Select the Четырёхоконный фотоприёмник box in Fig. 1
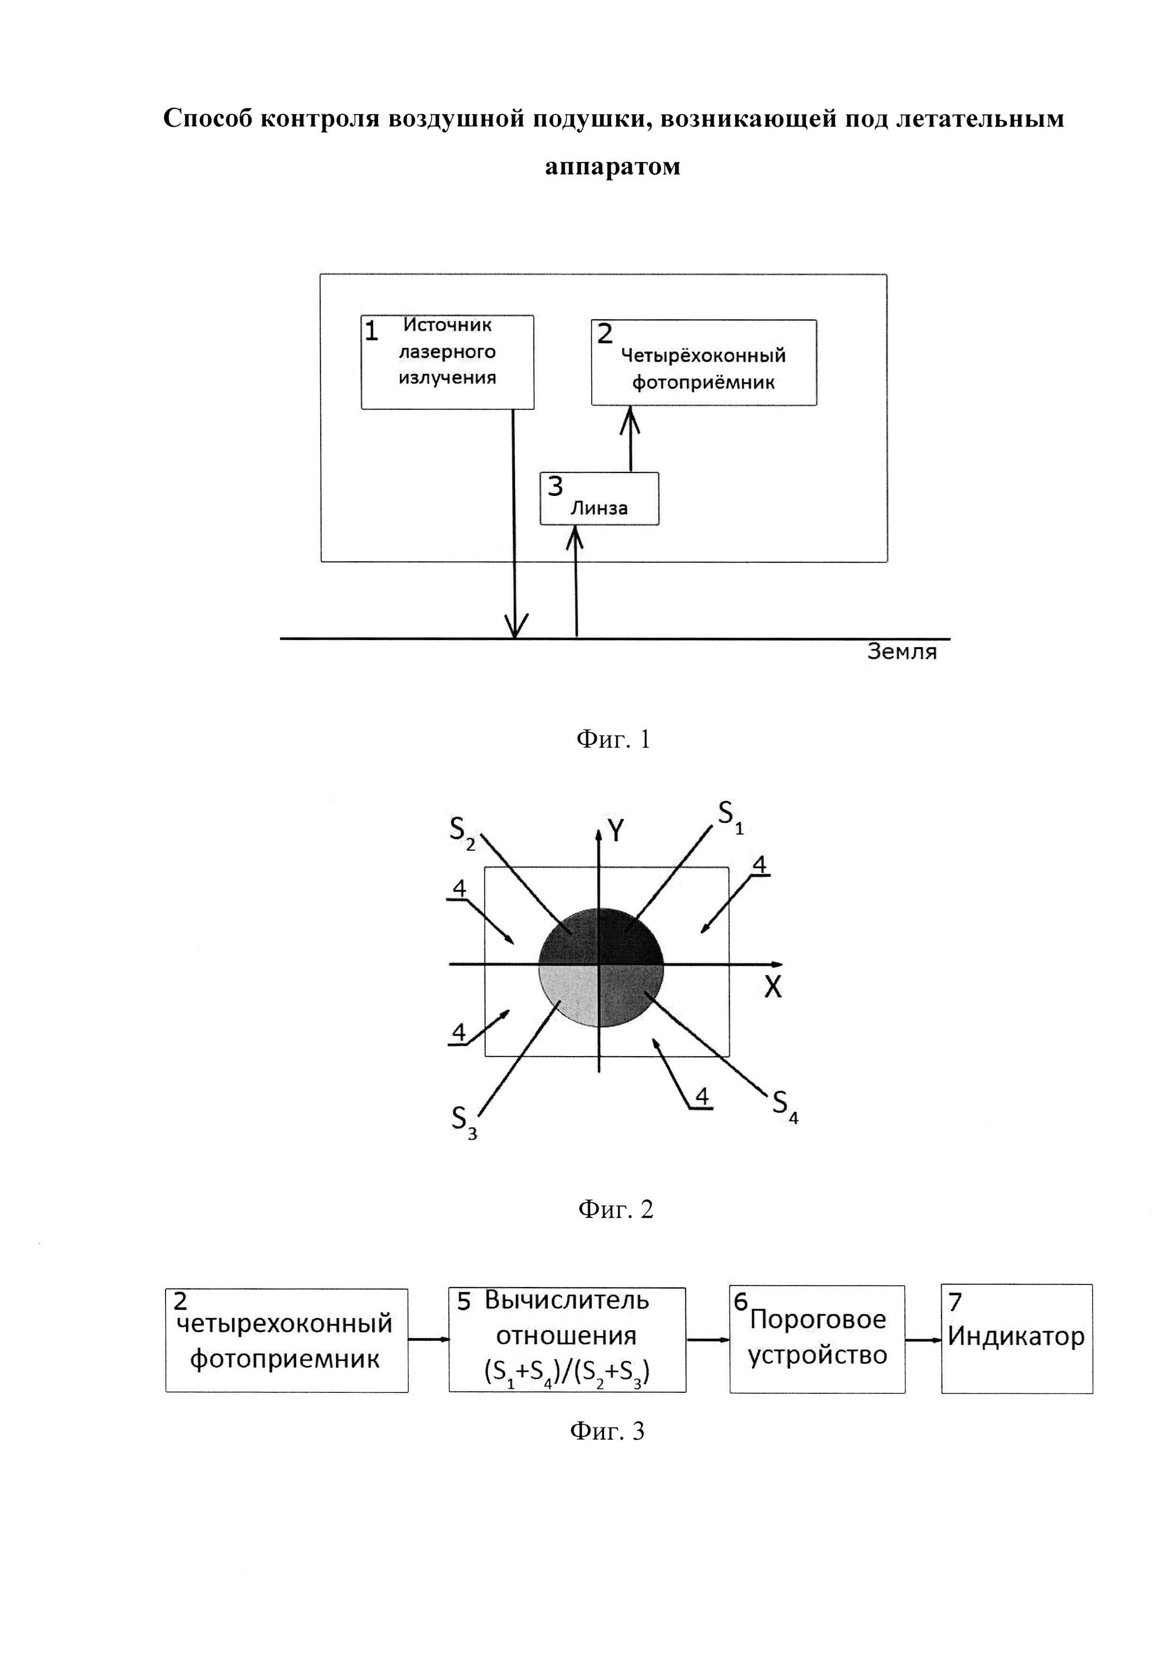tap(703, 363)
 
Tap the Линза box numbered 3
tap(599, 498)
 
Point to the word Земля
tap(902, 652)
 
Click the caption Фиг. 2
tap(615, 1209)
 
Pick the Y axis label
tap(616, 832)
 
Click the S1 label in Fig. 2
tap(729, 817)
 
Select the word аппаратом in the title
tap(613, 166)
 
